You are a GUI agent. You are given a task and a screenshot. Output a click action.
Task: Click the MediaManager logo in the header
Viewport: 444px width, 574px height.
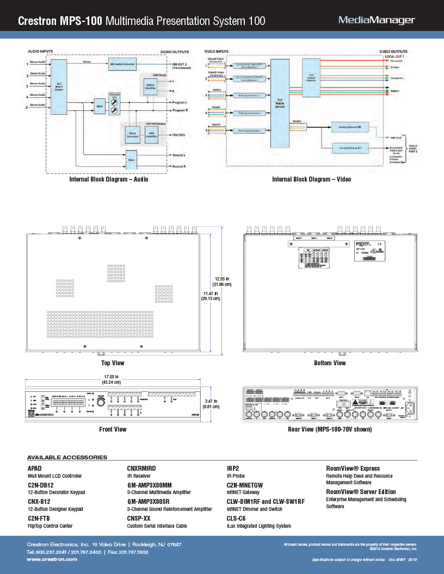coord(377,21)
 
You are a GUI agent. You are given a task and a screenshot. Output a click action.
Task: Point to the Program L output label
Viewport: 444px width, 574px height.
coord(180,102)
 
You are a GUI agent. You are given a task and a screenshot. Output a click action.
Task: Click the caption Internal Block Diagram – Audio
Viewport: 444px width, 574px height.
coord(108,179)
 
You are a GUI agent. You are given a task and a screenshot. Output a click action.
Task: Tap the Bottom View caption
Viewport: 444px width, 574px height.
coord(330,363)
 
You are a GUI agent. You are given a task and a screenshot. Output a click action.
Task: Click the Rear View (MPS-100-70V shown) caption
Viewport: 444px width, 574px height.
coord(330,429)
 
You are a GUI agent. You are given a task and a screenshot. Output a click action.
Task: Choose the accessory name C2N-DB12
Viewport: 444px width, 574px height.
coord(41,485)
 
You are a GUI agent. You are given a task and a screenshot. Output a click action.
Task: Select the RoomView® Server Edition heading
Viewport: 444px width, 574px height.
coord(361,492)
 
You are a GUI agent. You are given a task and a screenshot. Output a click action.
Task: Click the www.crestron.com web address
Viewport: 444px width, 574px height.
coord(52,559)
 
